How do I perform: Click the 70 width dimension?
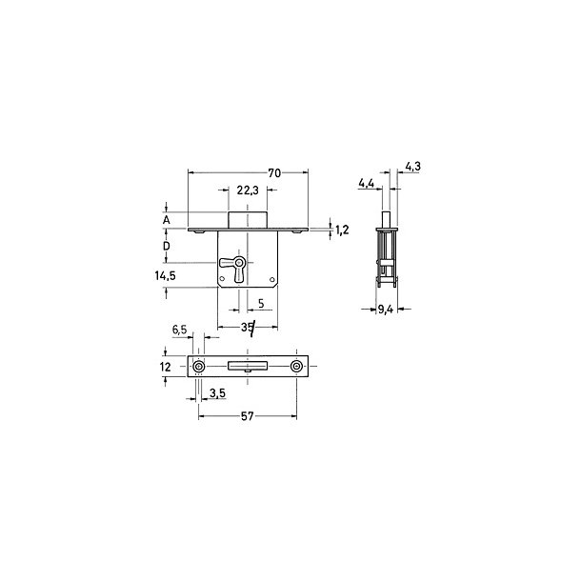pyautogui.click(x=274, y=172)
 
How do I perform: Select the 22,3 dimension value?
pyautogui.click(x=248, y=190)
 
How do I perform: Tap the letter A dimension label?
pyautogui.click(x=167, y=220)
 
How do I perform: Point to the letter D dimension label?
pyautogui.click(x=167, y=246)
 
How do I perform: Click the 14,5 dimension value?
pyautogui.click(x=166, y=275)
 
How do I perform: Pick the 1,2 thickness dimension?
pyautogui.click(x=342, y=230)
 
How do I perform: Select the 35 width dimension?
pyautogui.click(x=247, y=327)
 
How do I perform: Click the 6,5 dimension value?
pyautogui.click(x=179, y=330)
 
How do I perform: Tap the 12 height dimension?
pyautogui.click(x=166, y=367)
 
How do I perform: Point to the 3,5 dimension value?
pyautogui.click(x=217, y=393)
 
